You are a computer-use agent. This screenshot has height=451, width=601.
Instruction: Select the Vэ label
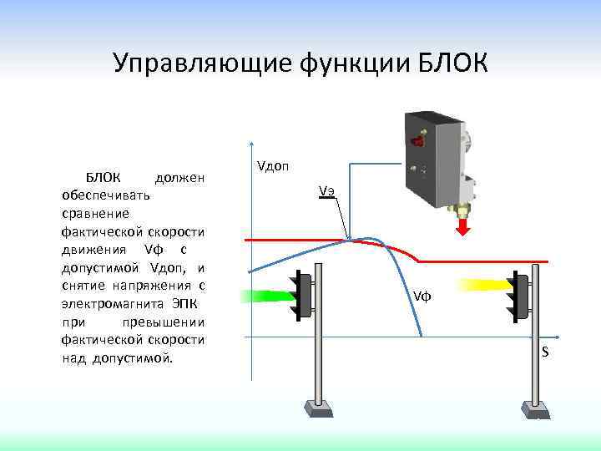pyautogui.click(x=326, y=190)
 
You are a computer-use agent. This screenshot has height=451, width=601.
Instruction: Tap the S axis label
pyautogui.click(x=545, y=352)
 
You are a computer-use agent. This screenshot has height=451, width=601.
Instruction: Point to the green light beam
pyautogui.click(x=265, y=295)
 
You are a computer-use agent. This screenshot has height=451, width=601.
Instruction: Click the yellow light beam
pyautogui.click(x=481, y=286)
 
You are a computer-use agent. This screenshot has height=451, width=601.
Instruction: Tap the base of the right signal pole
pyautogui.click(x=535, y=408)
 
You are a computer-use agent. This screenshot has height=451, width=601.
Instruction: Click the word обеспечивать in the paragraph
pyautogui.click(x=102, y=195)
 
